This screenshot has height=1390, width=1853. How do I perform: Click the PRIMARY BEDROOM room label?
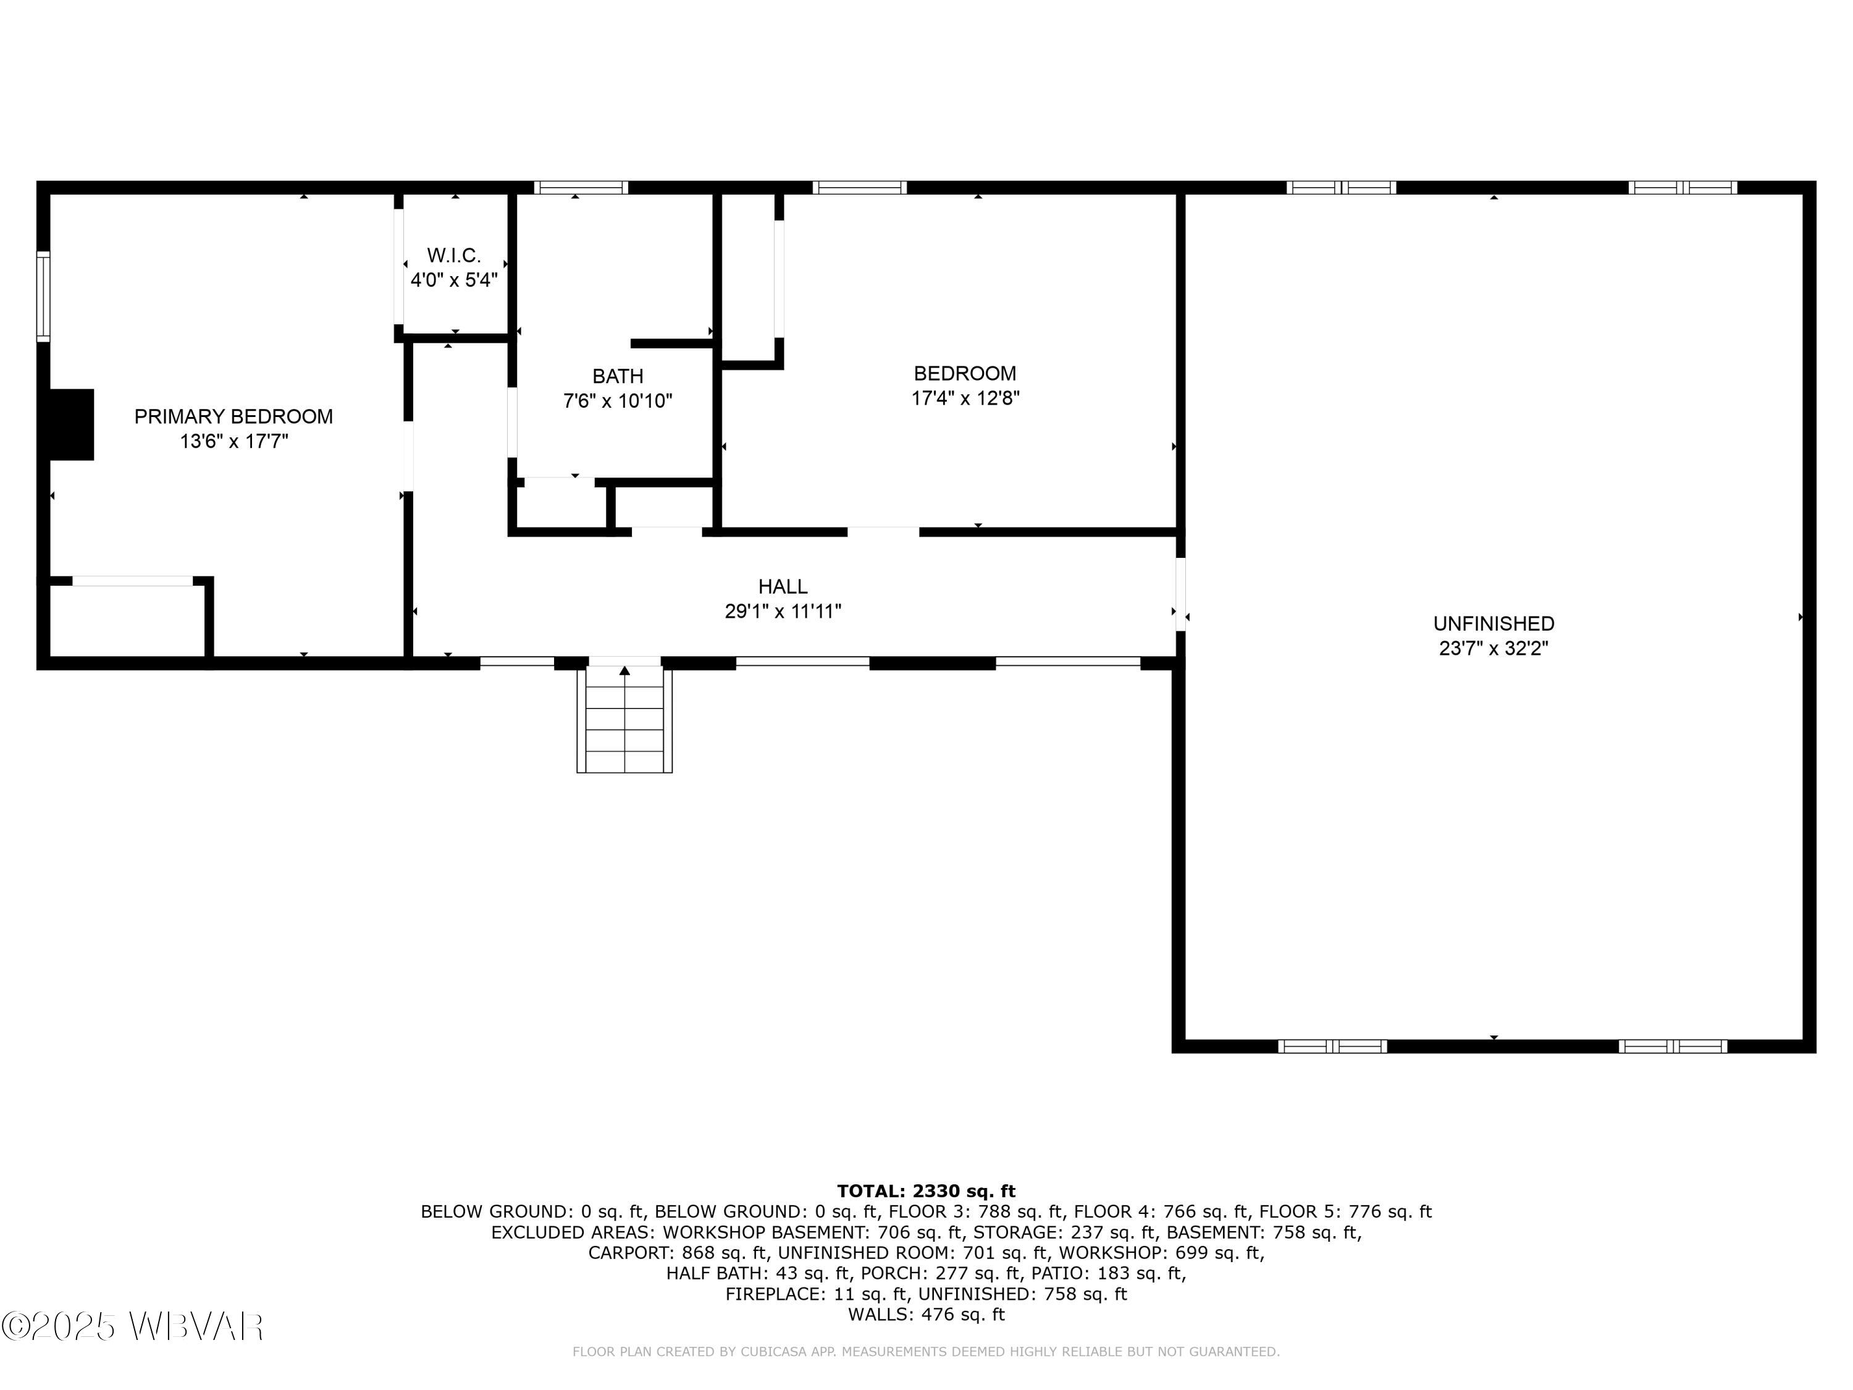coord(233,416)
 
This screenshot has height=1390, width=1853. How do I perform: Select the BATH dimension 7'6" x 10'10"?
coord(618,402)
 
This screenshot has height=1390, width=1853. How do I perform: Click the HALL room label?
coord(783,586)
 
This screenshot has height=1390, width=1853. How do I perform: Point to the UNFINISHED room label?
coord(1494,623)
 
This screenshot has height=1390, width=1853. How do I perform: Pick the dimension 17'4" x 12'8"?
coord(965,398)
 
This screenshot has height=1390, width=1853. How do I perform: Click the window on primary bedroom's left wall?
coord(43,297)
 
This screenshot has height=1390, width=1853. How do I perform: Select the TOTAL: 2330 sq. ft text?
coord(926,1190)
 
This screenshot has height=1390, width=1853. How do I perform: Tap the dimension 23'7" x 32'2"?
coord(1494,649)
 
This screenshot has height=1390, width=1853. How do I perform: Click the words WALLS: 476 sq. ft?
coord(926,1315)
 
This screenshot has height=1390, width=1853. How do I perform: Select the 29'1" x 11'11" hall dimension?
coord(783,612)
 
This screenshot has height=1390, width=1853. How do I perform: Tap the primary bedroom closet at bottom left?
coord(127,621)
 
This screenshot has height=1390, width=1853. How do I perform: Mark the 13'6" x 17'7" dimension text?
coord(233,442)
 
